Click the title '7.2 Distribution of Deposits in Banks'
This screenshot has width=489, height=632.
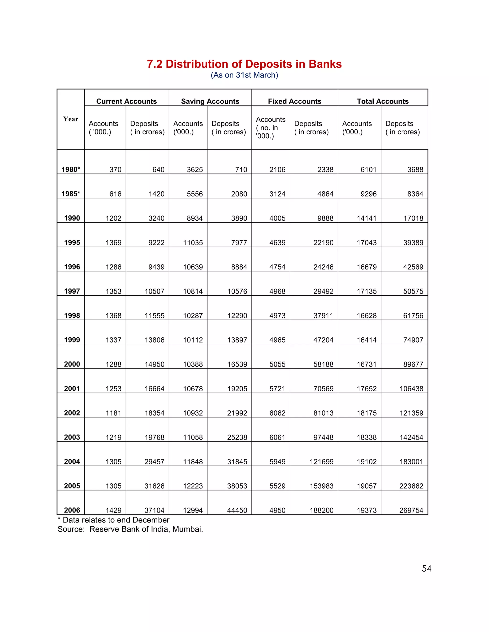[x=244, y=64]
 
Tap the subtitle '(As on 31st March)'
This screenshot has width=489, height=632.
[x=244, y=75]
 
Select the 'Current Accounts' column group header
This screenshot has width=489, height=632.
[x=126, y=101]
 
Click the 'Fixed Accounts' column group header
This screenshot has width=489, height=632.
[x=294, y=101]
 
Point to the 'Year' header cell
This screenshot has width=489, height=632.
[x=71, y=119]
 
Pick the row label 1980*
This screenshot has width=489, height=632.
[x=71, y=170]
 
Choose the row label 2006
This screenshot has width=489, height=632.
[x=72, y=510]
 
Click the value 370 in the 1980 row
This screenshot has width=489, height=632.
[x=115, y=170]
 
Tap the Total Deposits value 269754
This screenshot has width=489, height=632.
[x=411, y=510]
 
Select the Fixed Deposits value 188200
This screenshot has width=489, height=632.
[x=322, y=510]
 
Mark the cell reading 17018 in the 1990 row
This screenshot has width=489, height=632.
[x=413, y=218]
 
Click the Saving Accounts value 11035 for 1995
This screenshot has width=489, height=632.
[x=193, y=243]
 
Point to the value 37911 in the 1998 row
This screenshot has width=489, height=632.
[x=323, y=316]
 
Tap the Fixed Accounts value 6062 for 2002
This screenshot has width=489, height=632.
[x=277, y=413]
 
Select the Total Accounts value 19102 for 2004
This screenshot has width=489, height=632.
[x=367, y=461]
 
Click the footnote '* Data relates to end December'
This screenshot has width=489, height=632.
[x=114, y=520]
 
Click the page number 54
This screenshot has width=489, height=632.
[x=426, y=569]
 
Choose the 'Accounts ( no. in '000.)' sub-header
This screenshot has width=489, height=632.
[x=270, y=128]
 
